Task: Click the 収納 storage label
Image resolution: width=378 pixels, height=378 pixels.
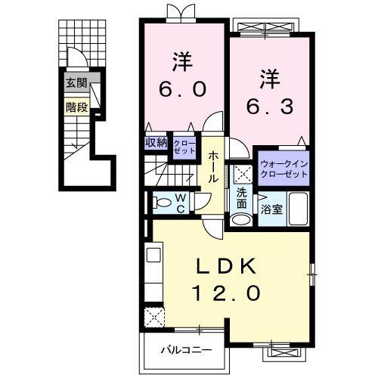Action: (x=156, y=143)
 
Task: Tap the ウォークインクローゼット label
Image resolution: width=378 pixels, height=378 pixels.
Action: (x=283, y=168)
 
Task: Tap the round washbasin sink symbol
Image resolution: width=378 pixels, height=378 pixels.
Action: (x=240, y=220)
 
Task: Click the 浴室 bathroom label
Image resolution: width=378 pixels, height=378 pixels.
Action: (x=272, y=209)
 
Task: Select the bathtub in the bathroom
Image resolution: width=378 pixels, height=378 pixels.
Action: (x=297, y=209)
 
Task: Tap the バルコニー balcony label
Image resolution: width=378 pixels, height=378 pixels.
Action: (x=185, y=349)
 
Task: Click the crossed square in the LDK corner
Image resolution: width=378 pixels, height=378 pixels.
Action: (x=155, y=318)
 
